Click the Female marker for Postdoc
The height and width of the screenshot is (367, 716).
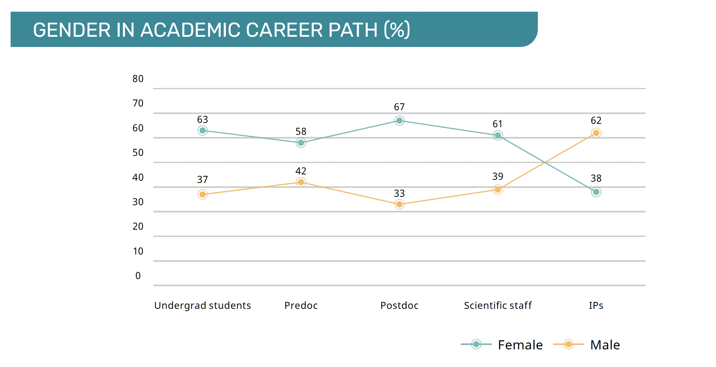point(399,121)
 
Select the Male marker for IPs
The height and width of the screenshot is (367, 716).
point(596,133)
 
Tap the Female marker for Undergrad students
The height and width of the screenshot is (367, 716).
point(203,130)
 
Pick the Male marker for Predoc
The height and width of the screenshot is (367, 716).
point(301,182)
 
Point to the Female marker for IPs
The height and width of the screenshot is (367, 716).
point(596,192)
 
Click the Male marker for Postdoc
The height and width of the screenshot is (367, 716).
point(399,204)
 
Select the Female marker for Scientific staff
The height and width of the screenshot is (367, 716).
point(497,135)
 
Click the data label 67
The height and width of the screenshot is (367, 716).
point(399,107)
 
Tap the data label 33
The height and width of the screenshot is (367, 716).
point(399,193)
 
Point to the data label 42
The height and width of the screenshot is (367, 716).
point(301,171)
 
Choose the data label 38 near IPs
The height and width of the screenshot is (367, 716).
point(596,178)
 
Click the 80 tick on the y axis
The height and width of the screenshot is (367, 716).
point(138,79)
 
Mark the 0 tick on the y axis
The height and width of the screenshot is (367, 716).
point(138,276)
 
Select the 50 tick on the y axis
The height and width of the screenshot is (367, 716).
point(138,153)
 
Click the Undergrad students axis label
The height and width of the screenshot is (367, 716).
point(203,305)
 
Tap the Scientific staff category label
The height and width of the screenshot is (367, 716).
point(498,305)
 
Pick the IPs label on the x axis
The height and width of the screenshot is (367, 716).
point(596,305)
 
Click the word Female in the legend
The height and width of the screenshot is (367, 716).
point(520,345)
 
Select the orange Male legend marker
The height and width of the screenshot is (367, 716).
point(568,344)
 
